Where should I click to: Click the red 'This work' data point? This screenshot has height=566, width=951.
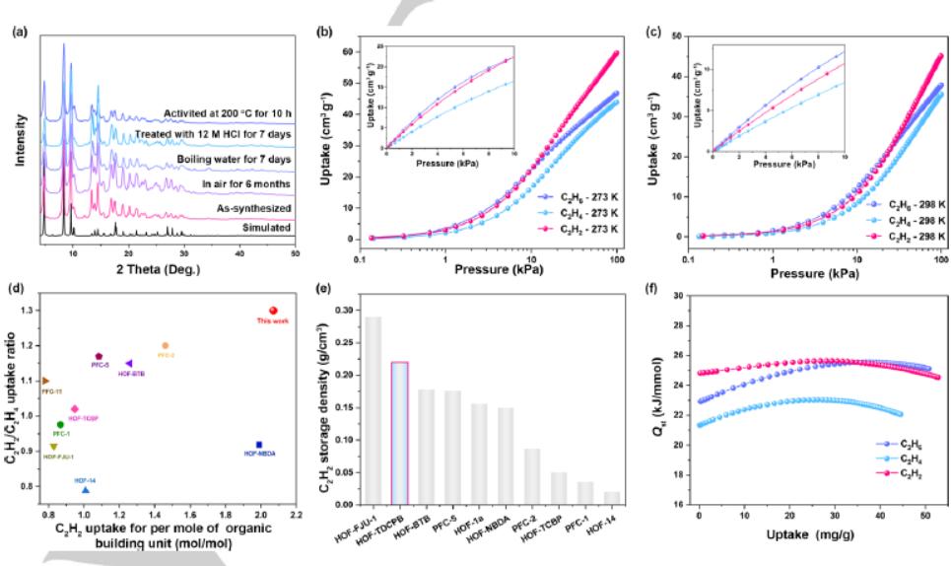273,311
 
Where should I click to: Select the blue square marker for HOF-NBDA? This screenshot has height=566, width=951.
259,445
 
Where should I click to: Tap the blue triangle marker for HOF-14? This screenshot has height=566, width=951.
86,490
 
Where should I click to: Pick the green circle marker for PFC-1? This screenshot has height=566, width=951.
60,424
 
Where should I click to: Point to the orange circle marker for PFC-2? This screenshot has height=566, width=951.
165,346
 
